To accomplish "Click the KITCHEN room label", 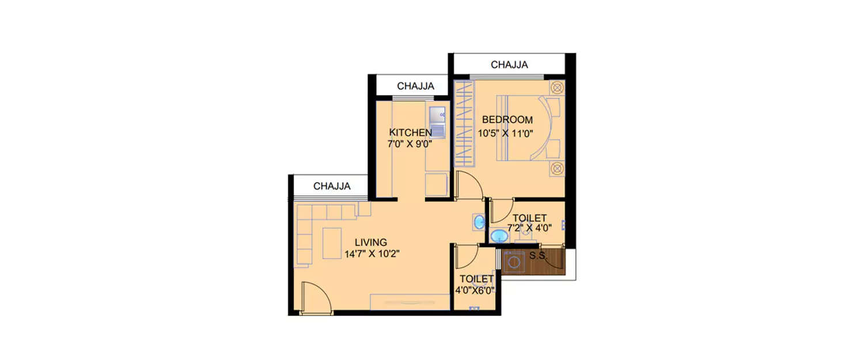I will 410,132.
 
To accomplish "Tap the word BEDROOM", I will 507,120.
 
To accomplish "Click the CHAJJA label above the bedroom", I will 509,65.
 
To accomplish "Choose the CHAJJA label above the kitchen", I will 415,86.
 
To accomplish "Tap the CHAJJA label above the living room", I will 332,186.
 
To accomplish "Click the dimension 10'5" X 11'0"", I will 506,133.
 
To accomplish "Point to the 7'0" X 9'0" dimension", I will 410,144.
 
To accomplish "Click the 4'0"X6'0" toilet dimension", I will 475,290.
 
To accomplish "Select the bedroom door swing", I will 469,186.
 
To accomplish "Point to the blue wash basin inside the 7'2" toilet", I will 498,236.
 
